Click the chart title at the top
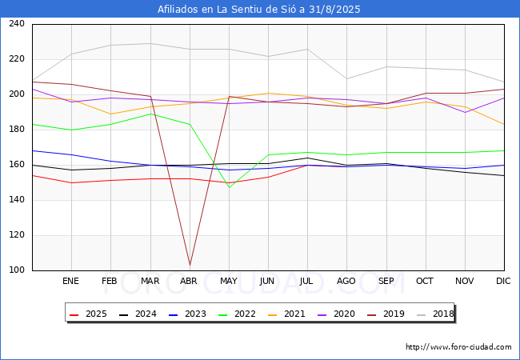coord(258,9)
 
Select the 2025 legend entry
coord(88,314)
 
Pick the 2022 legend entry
coord(237,314)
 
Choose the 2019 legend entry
coord(386,314)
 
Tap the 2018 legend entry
coord(435,314)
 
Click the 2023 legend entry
coord(187,314)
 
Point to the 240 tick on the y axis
coord(17,23)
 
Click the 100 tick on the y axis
coord(17,270)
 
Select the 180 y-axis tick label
coord(17,129)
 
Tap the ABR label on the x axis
coord(189,281)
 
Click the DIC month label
coord(503,281)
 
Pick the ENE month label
coord(70,281)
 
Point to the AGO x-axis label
coord(346,281)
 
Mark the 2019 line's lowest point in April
coord(190,265)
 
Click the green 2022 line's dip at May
coord(229,188)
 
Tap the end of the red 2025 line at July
coord(308,165)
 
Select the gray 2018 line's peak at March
coord(151,43)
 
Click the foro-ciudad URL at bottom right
coord(458,347)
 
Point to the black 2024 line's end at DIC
coord(505,176)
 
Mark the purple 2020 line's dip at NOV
coord(466,112)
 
